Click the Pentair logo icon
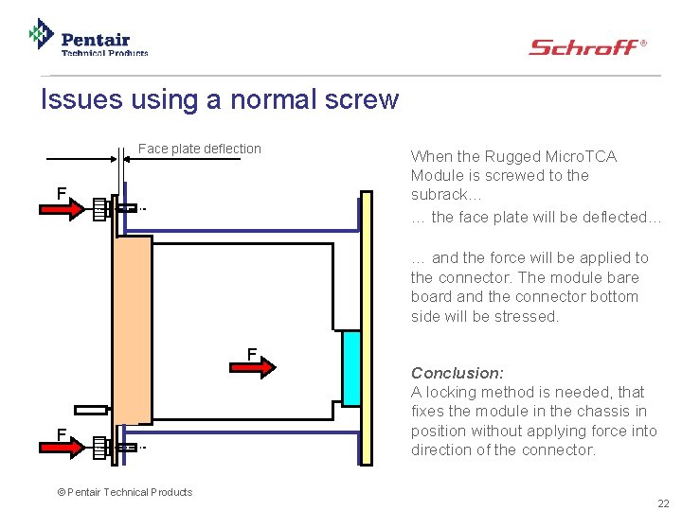point(41,34)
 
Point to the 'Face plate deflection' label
point(200,149)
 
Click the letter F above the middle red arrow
point(252,354)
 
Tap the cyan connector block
point(350,368)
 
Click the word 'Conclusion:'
point(457,373)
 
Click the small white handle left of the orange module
point(90,411)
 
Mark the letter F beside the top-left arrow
point(62,193)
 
